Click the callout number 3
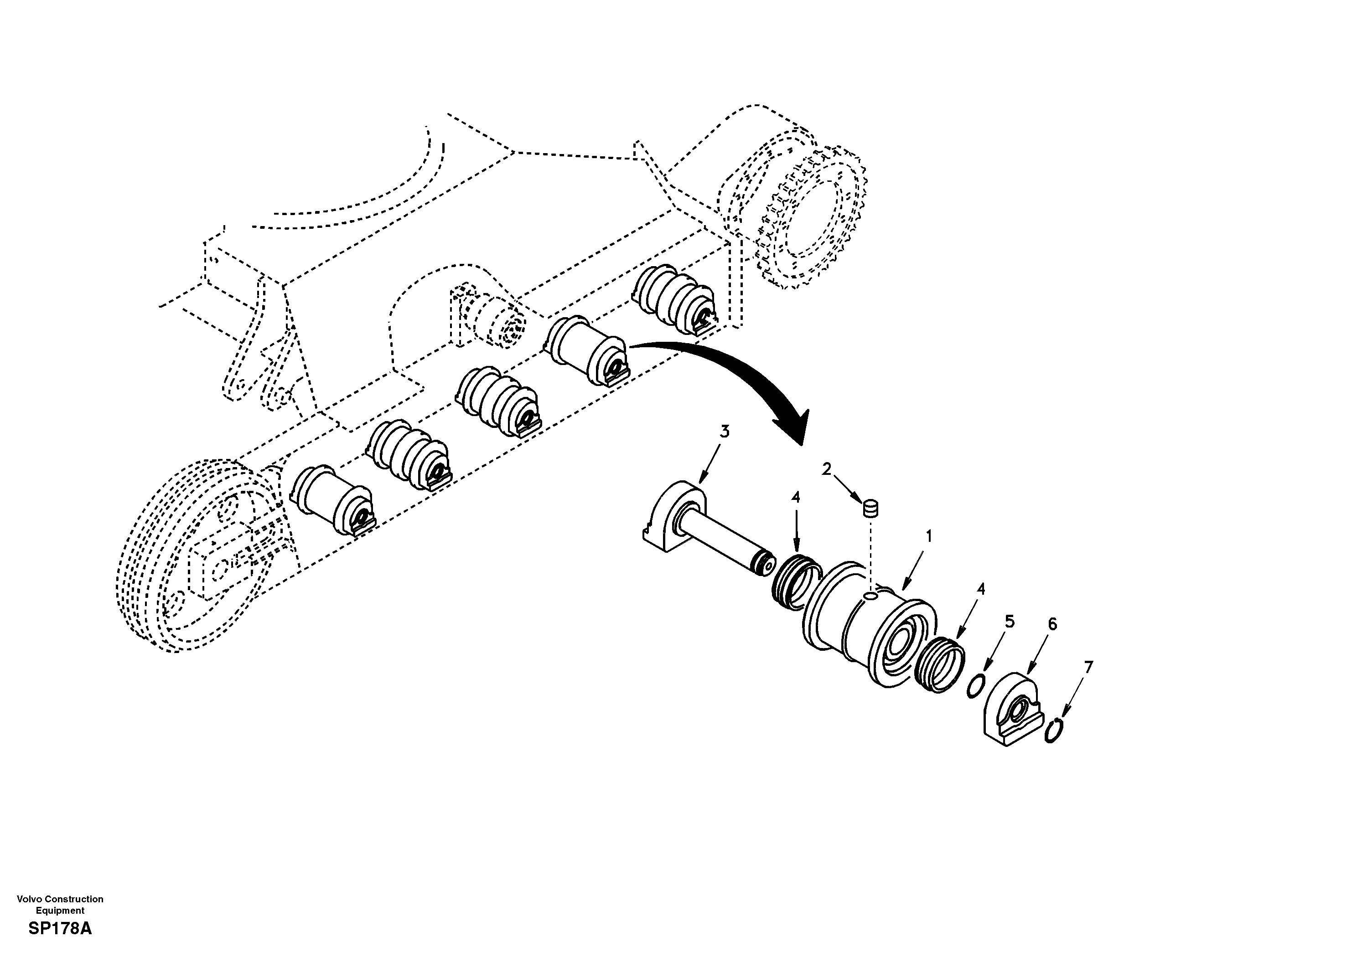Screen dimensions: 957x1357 tap(724, 432)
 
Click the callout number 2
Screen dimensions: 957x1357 tap(826, 468)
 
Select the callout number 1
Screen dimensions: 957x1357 tap(928, 536)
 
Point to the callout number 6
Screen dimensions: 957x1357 tap(1052, 624)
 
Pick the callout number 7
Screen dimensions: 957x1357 tap(1088, 667)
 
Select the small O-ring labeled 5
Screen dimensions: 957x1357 tap(976, 686)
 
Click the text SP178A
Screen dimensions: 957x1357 tap(60, 929)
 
